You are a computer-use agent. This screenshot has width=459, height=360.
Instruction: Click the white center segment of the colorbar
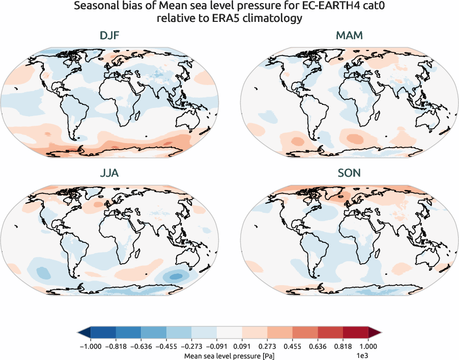point(229,332)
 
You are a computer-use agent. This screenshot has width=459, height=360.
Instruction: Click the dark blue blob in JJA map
point(176,276)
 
